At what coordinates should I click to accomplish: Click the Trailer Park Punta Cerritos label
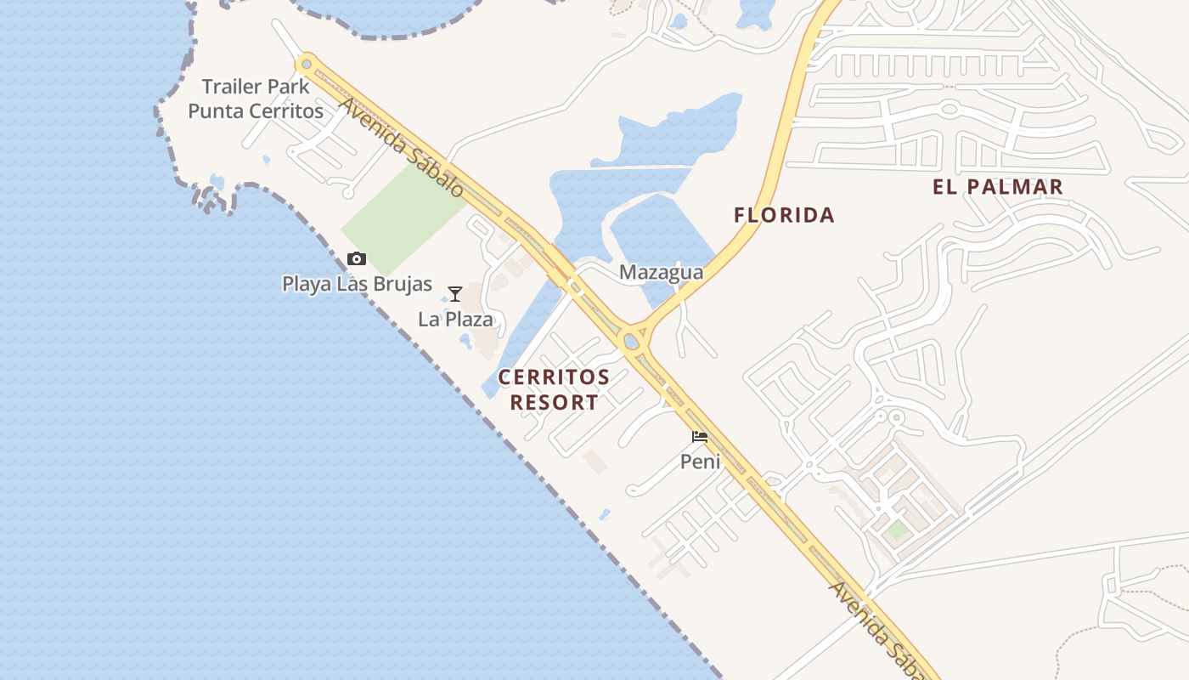256,99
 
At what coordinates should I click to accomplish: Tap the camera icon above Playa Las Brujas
357,259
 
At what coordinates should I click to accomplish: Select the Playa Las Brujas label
357,284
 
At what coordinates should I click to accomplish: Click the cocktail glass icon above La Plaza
455,294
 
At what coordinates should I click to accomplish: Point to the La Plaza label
455,320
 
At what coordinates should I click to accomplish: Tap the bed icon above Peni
700,437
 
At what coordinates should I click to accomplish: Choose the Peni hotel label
700,462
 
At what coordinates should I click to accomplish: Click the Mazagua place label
661,272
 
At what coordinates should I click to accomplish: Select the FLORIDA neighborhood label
784,215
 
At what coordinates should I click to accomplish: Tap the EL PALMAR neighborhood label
998,187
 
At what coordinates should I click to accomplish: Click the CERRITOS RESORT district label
554,389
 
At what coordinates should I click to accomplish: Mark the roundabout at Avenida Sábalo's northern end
307,64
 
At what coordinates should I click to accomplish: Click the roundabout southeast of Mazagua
631,342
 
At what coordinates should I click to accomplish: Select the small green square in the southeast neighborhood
898,530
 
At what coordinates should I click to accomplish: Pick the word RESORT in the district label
554,402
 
